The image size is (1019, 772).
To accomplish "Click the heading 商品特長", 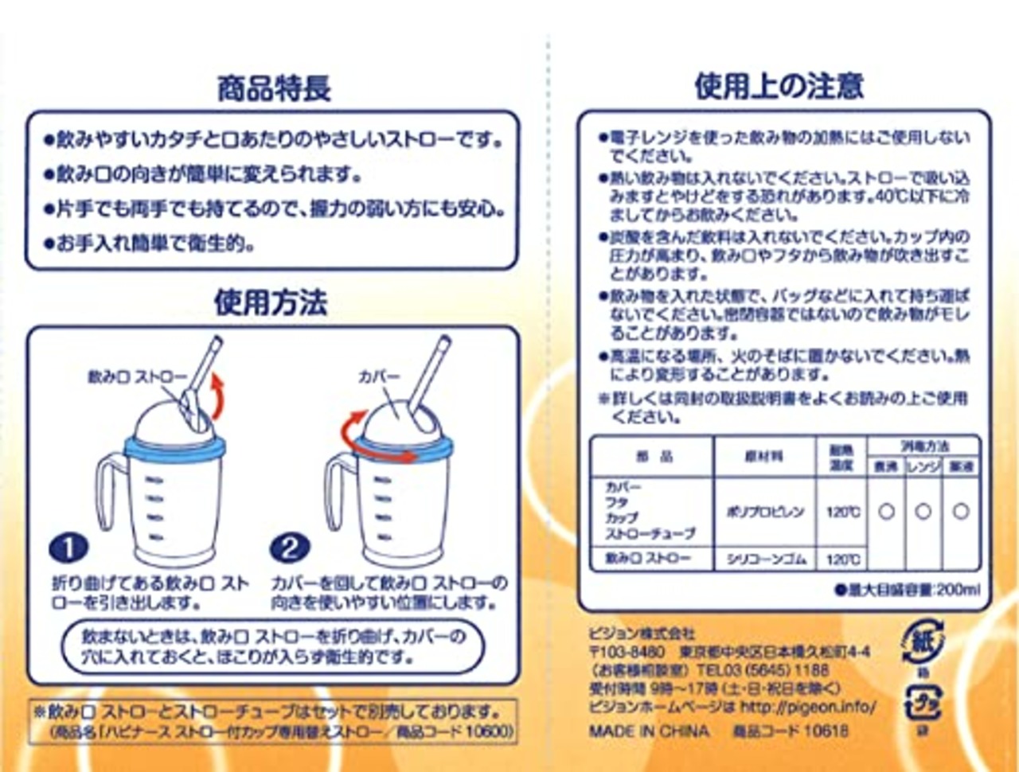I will point(274,88).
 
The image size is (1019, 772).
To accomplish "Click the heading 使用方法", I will point(271,303).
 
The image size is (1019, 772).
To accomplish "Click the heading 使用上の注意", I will point(779,86).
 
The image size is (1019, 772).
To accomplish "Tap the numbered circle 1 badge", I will point(68,548).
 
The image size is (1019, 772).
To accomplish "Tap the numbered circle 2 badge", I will point(289,548).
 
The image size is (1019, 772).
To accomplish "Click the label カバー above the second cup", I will point(378,376).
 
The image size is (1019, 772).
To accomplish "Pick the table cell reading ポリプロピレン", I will point(765,512).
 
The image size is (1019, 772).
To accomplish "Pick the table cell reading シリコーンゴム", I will point(766,560).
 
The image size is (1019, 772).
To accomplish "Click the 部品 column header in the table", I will point(654,456).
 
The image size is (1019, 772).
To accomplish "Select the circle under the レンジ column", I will point(923,512).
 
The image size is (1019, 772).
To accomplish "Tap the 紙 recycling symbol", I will point(923,642).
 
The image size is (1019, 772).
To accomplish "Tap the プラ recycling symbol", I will point(923,704).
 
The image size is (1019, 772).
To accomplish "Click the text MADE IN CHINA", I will point(649,731).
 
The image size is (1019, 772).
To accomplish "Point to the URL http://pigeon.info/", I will point(807,707).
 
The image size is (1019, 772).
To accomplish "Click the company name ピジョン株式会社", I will point(642,634).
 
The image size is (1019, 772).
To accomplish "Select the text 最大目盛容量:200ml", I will point(907,590).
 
